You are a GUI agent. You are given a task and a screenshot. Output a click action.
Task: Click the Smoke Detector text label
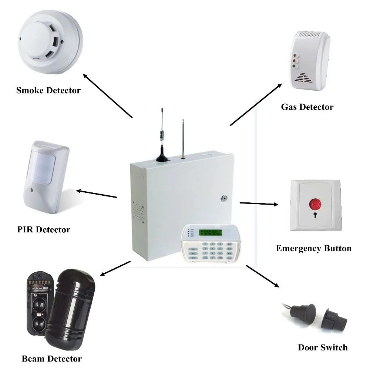48,90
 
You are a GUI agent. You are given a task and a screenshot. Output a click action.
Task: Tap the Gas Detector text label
307,107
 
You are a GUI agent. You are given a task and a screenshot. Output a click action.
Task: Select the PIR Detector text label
44,229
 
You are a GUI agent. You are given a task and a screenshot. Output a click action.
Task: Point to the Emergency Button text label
314,248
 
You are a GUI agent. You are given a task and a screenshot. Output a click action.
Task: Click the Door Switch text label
323,347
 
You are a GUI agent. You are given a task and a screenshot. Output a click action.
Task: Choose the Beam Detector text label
51,359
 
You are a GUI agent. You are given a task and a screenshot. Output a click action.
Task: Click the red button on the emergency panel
316,203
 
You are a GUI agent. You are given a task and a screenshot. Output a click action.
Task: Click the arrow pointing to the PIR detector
97,194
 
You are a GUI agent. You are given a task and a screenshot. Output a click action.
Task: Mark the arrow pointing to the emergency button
259,203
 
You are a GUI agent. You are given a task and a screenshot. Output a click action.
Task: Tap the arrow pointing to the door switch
262,276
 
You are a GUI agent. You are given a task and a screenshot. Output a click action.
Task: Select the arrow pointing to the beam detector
115,268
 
